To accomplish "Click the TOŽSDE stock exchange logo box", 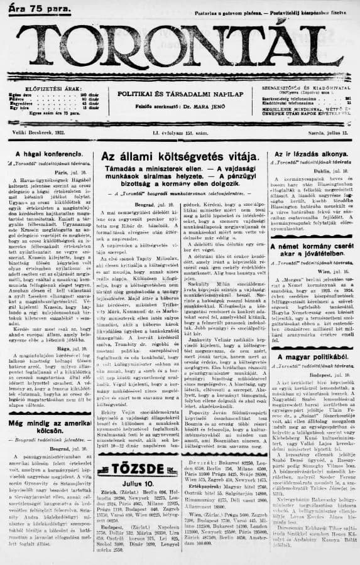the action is coord(129,488).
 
